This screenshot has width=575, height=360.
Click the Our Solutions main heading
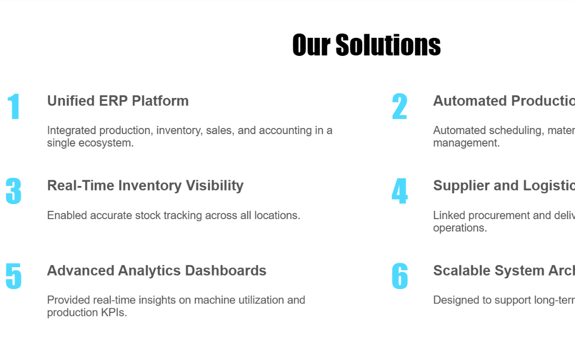366,45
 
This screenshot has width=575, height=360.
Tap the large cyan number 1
14,107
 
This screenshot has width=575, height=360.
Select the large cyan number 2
399,107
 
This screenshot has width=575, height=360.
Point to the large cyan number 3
13,192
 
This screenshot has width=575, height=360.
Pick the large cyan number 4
399,192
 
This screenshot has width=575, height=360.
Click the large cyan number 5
13,277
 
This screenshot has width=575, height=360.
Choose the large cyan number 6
399,277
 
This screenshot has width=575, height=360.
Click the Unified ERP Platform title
118,100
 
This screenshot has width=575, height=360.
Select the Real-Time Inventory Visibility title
145,185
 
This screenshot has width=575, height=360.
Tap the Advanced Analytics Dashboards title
156,270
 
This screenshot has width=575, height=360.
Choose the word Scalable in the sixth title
462,270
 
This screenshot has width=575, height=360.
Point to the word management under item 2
466,143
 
